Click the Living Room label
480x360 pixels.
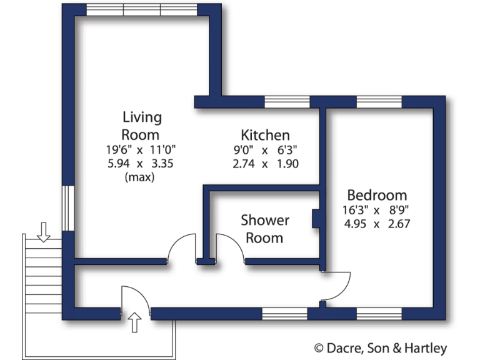pos(141,126)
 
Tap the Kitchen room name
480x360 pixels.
pos(265,135)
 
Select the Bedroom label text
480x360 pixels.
pos(377,195)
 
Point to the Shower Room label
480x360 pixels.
pos(265,229)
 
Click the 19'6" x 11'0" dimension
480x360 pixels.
pos(141,150)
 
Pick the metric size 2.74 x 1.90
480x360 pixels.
pos(265,164)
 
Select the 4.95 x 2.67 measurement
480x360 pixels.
pos(377,224)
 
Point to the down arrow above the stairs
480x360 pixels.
pos(43,232)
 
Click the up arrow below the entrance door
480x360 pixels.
pos(135,323)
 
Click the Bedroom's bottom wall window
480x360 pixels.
pos(379,314)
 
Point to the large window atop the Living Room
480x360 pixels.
pos(142,10)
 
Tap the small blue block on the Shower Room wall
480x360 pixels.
pos(317,219)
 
